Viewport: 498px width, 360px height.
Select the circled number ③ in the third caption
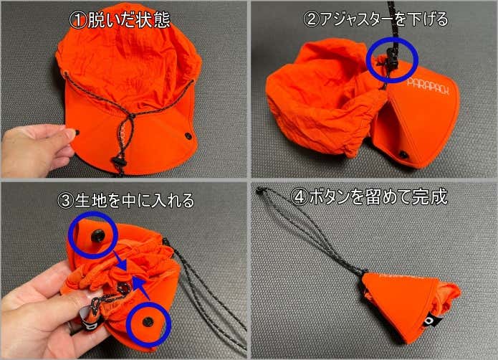66,201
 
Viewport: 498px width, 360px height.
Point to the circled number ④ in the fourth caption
299,196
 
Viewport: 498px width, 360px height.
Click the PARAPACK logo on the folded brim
428,86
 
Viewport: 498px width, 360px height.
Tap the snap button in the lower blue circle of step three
148,322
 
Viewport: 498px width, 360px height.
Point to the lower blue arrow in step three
140,288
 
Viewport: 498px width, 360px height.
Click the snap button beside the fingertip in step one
77,131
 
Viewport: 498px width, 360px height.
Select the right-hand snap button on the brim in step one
188,136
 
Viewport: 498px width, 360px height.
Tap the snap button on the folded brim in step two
403,155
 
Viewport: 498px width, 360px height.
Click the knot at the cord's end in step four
260,191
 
